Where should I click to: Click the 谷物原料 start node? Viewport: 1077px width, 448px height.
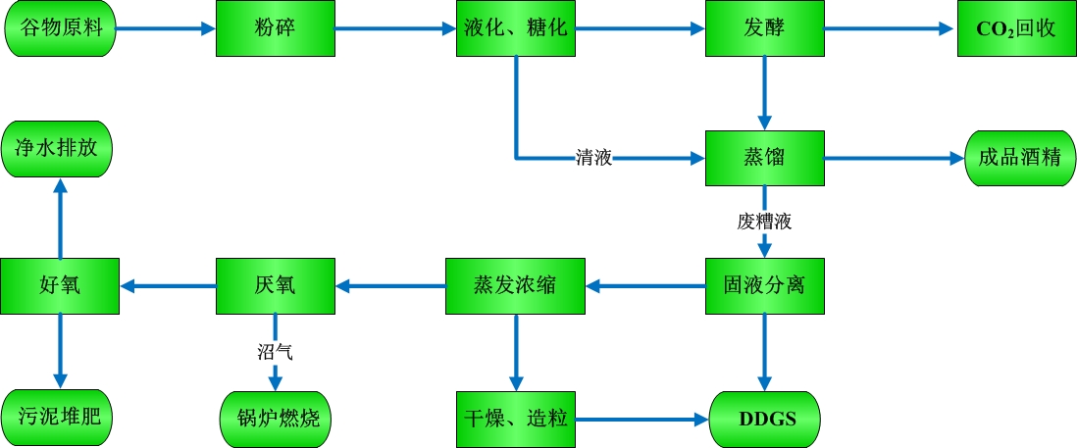click(60, 28)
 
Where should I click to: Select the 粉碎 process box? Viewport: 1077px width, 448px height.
click(275, 28)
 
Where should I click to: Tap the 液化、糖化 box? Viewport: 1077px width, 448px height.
click(515, 28)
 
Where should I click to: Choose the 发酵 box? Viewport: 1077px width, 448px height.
click(765, 28)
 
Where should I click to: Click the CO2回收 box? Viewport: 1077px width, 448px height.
click(1015, 28)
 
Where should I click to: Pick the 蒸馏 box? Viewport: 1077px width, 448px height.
click(765, 157)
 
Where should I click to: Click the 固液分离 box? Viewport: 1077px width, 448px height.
click(765, 286)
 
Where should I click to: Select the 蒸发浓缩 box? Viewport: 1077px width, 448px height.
click(515, 286)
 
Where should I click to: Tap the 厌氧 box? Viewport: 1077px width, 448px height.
click(275, 286)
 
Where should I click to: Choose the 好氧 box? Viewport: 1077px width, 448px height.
click(60, 286)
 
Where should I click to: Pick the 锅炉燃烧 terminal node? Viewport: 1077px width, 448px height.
click(277, 419)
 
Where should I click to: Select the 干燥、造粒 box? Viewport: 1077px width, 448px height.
click(515, 419)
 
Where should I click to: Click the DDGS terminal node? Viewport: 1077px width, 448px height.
click(765, 420)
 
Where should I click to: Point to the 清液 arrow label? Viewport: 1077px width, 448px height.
click(593, 157)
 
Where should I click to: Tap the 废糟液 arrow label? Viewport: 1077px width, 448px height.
click(765, 222)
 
